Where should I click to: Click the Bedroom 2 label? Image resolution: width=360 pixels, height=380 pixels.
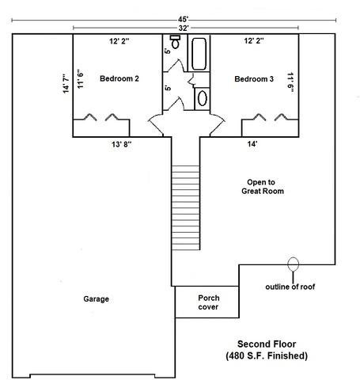119,78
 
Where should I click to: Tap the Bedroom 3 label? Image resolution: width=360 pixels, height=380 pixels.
254,79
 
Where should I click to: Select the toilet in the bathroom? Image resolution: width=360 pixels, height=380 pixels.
175,41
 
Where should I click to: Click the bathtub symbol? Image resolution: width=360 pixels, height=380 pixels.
199,54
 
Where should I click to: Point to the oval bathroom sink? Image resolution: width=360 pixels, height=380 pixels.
203,98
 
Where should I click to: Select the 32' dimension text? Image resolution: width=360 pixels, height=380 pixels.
184,28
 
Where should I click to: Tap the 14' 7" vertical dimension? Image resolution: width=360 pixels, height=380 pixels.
66,83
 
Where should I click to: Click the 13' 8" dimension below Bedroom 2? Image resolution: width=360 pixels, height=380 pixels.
122,144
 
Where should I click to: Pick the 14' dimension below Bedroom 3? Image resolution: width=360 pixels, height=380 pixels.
252,144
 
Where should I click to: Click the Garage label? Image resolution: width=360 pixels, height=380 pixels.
96,299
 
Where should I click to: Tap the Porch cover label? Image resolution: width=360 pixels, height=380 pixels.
209,302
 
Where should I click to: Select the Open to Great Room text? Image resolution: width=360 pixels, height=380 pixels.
263,187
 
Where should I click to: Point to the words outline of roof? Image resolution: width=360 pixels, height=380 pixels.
290,287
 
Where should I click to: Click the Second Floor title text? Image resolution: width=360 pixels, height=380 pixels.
267,344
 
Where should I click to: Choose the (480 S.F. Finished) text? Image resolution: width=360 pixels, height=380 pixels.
267,355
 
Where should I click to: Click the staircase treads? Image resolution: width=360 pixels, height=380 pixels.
186,207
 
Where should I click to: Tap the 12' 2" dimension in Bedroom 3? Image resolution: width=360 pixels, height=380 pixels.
254,41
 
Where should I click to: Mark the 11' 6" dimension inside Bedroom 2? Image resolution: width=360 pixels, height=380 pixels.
80,79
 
